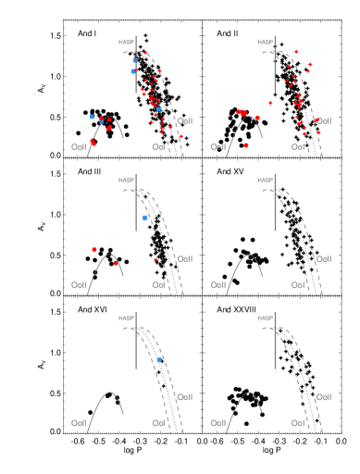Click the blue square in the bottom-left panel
click(x=159, y=359)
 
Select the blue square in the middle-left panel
click(x=145, y=217)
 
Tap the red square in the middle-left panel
click(x=94, y=249)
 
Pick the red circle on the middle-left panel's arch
click(x=116, y=263)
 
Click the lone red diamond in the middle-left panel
click(x=155, y=259)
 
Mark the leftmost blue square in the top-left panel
click(x=92, y=117)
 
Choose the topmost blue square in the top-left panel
click(x=135, y=60)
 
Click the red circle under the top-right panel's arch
click(x=246, y=144)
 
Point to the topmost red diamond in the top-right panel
click(x=296, y=52)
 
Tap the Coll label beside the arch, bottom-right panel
click(x=217, y=423)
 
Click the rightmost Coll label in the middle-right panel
click(x=323, y=259)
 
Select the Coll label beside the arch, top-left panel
click(x=80, y=147)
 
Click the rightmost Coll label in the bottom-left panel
click(x=184, y=397)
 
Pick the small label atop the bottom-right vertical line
click(x=265, y=318)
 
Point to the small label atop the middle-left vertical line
click(x=126, y=180)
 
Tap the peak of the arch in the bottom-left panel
click(x=109, y=392)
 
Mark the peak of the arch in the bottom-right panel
click(x=247, y=392)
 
